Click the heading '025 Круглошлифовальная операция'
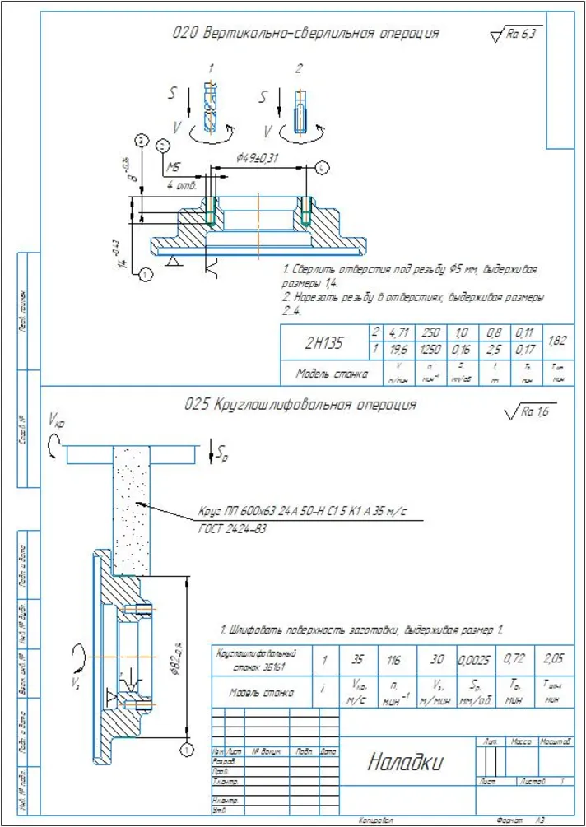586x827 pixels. pos(301,405)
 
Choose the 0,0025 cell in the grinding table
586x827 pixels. pos(473,660)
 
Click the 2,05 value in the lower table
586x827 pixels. pos(554,660)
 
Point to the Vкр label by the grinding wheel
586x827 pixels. pos(58,421)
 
